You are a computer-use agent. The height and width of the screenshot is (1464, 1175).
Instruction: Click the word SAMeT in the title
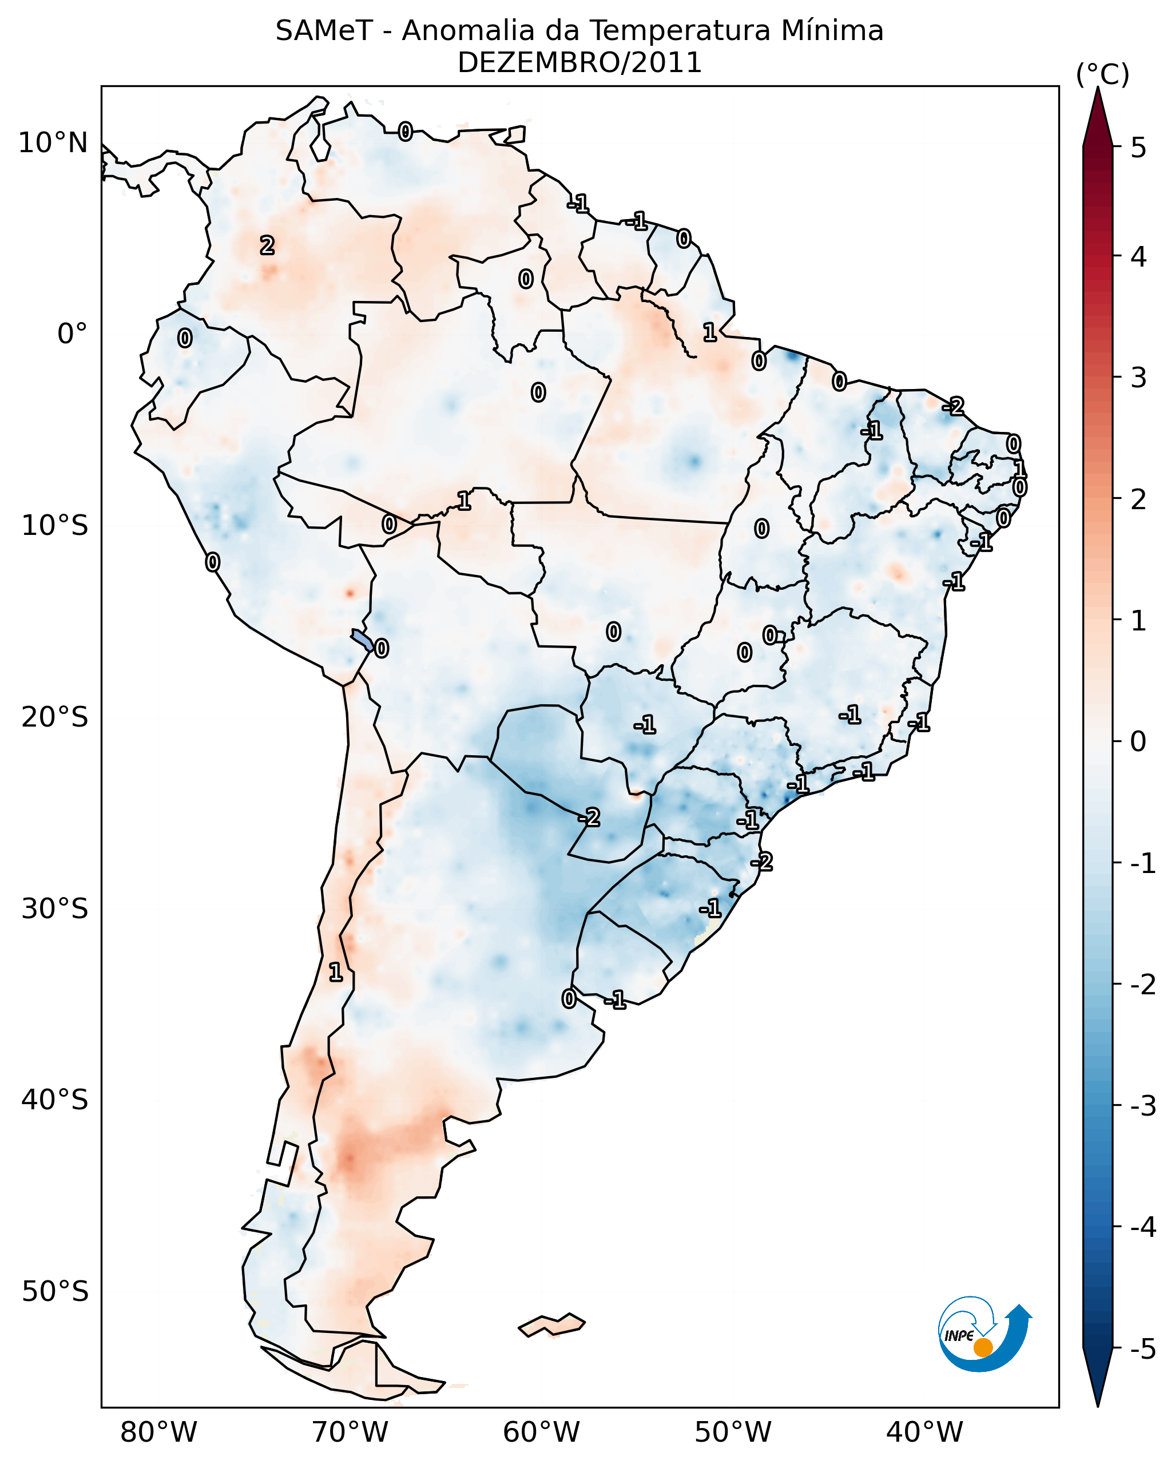click(323, 31)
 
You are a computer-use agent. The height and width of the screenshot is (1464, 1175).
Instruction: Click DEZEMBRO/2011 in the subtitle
click(579, 63)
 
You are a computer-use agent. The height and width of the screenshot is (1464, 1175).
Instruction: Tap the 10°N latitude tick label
click(53, 143)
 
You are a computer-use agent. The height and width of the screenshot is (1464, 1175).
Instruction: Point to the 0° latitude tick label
click(72, 334)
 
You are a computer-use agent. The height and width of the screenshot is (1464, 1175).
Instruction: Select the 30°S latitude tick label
click(54, 909)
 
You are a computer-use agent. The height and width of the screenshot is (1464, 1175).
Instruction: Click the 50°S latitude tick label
click(54, 1292)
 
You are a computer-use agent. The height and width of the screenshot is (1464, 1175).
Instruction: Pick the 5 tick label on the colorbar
click(1138, 148)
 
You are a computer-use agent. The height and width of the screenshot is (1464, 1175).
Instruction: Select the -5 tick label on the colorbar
click(1142, 1349)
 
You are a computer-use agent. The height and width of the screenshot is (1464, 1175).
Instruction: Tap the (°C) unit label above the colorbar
click(1102, 75)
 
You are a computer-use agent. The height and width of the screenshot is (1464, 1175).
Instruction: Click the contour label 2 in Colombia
click(267, 245)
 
